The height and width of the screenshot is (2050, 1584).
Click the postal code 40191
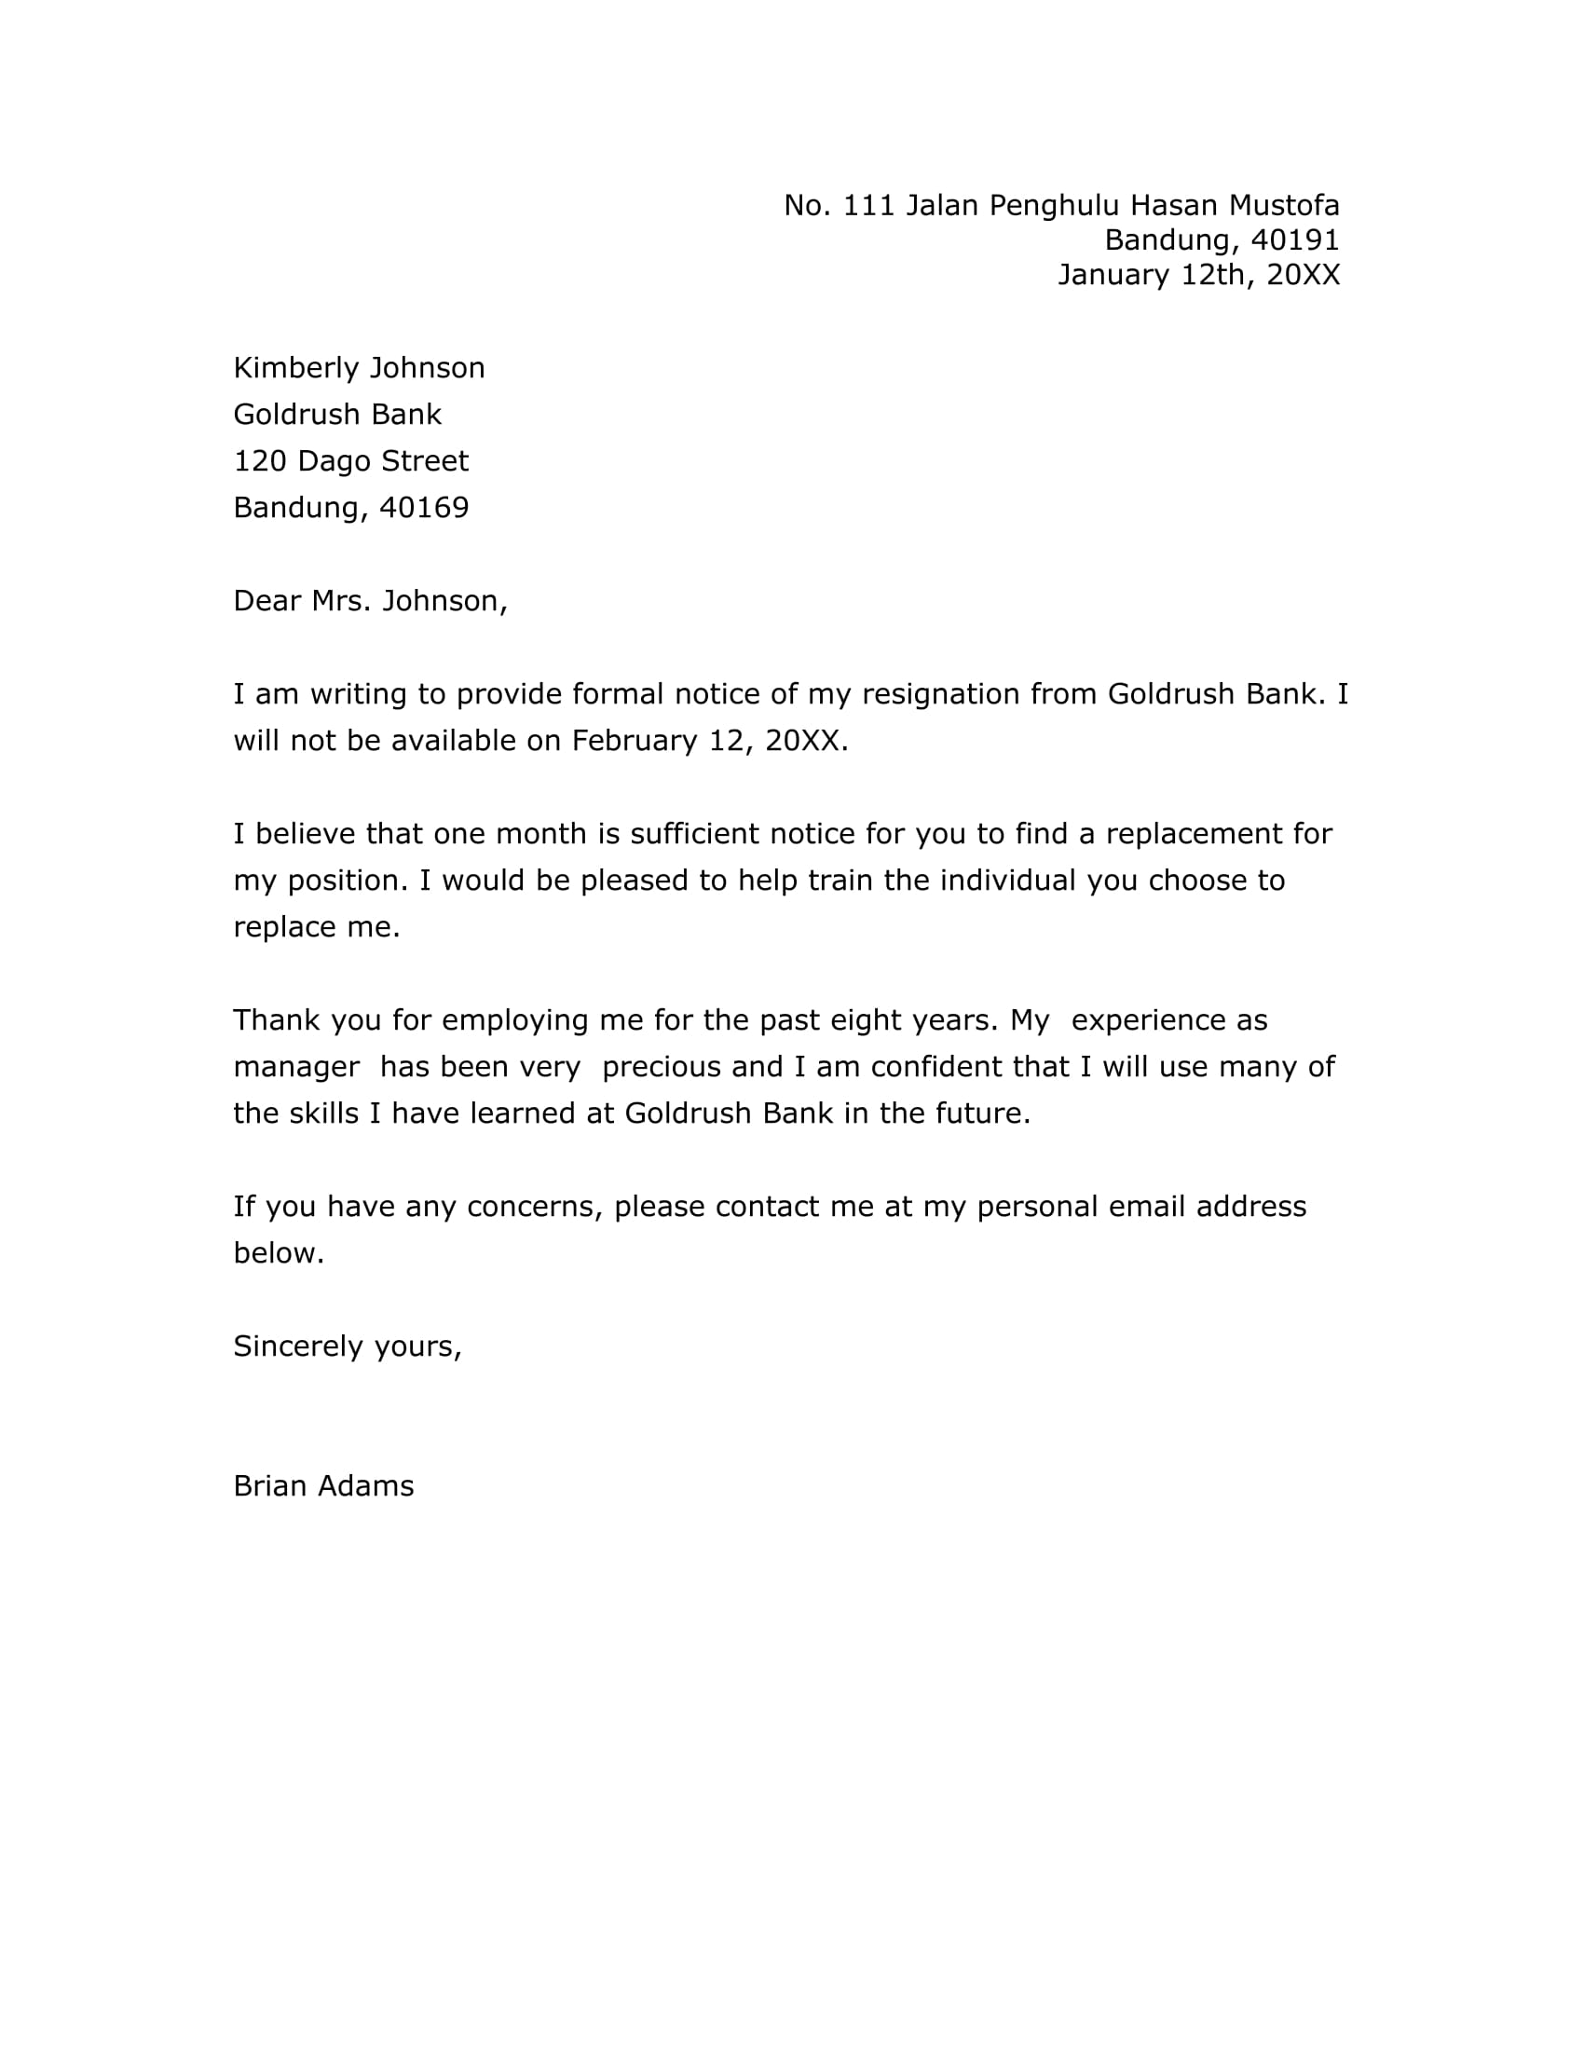1295,240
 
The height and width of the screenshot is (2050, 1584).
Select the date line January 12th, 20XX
1198,275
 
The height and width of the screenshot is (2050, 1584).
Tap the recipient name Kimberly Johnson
359,368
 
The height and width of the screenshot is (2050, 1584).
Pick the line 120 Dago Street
350,461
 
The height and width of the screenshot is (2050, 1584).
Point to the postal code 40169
423,508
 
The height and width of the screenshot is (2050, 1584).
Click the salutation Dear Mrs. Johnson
370,601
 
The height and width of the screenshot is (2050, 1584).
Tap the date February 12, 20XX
708,741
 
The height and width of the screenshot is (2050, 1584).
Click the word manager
295,1067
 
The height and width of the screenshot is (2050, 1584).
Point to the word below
278,1253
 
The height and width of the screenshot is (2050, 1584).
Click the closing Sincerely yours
348,1347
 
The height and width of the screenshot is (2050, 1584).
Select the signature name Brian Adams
322,1487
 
